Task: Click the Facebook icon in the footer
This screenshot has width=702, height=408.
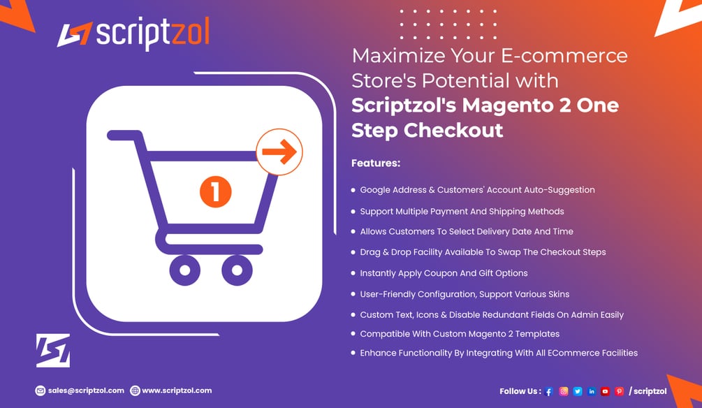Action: (x=549, y=391)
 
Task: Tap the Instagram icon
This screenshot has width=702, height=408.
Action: (x=564, y=391)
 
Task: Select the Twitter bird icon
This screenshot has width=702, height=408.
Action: (x=578, y=391)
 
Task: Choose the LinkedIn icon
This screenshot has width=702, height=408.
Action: (x=592, y=391)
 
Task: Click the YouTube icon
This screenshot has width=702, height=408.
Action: (x=605, y=391)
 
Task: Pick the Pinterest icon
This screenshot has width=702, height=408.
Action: (x=619, y=391)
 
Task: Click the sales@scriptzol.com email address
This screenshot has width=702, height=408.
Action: (x=87, y=391)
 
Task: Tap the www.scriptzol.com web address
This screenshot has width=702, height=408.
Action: (x=177, y=391)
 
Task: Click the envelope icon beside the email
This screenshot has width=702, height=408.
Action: (x=41, y=391)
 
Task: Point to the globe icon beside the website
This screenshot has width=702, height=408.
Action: (x=136, y=391)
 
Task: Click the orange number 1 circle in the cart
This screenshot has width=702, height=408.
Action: (x=215, y=191)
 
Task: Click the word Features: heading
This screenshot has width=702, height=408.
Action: (x=375, y=163)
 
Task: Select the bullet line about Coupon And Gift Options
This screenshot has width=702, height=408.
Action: (x=444, y=273)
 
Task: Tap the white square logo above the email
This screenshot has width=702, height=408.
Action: (x=53, y=350)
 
